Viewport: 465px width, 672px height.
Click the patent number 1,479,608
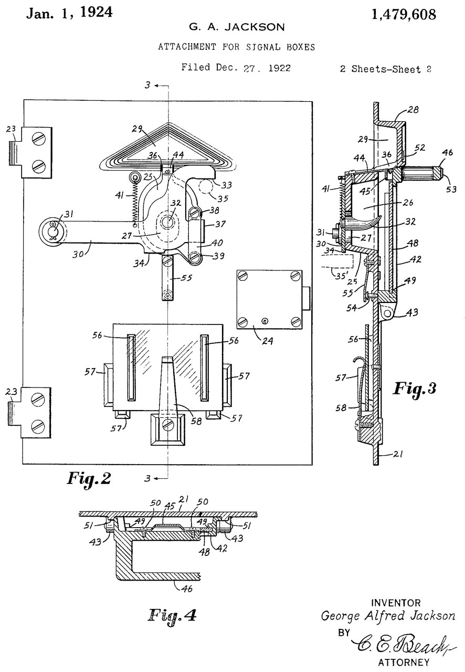[x=404, y=14]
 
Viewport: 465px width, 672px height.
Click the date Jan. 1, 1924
[x=70, y=13]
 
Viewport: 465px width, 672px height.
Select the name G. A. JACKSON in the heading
[x=237, y=27]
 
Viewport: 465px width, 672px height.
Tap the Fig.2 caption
[x=89, y=478]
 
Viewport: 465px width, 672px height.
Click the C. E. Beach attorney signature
[x=404, y=644]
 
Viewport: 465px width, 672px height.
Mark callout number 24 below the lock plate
[x=268, y=341]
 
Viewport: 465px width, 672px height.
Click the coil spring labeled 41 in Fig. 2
[x=135, y=201]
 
